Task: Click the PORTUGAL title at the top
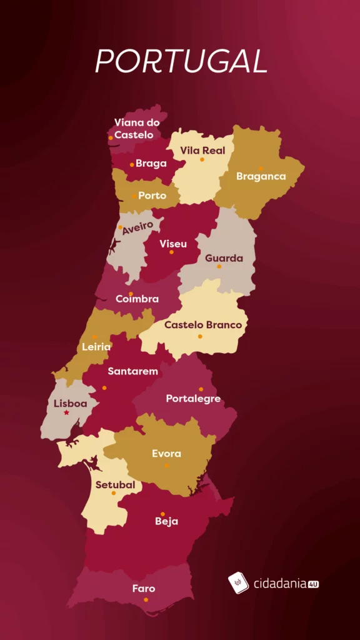(181, 61)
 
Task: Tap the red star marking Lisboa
(66, 413)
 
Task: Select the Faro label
(144, 589)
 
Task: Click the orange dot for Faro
(146, 600)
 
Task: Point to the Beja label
(167, 521)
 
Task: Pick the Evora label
(166, 454)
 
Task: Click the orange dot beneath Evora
(167, 466)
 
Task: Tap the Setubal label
(115, 484)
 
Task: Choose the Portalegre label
(193, 399)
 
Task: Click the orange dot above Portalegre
(201, 389)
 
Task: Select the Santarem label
(132, 371)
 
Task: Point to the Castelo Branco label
(202, 325)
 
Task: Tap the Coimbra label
(137, 299)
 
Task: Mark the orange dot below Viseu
(171, 252)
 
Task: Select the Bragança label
(261, 176)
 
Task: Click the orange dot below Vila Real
(202, 159)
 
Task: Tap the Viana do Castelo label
(136, 129)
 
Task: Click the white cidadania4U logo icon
(239, 583)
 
